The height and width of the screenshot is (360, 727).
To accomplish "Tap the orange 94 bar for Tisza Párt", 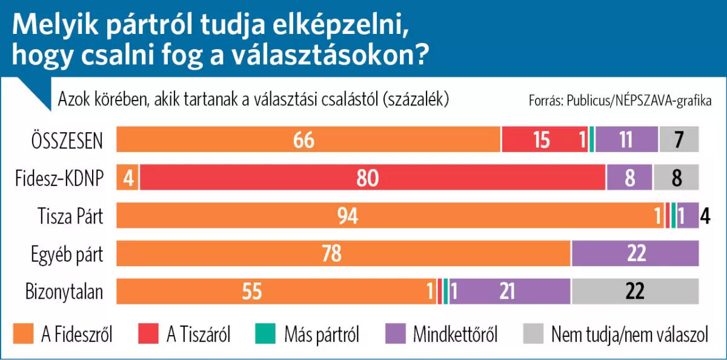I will (x=388, y=216).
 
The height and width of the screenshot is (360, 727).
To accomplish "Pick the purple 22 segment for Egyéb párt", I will (x=635, y=254).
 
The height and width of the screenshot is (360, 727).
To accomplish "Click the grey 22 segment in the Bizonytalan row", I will (x=634, y=292).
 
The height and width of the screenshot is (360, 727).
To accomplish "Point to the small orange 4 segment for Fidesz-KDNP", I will (x=128, y=178).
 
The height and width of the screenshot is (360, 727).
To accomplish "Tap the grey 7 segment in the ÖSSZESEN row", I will (x=679, y=139).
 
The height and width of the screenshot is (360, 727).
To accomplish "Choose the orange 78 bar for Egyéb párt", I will (x=344, y=254).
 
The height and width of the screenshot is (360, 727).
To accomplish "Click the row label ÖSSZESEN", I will (x=67, y=141).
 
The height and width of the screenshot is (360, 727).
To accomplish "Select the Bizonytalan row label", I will (x=64, y=293).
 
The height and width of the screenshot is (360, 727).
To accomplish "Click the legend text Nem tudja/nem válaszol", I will (x=629, y=335).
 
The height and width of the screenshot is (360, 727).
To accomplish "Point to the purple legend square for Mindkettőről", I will (x=396, y=333).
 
